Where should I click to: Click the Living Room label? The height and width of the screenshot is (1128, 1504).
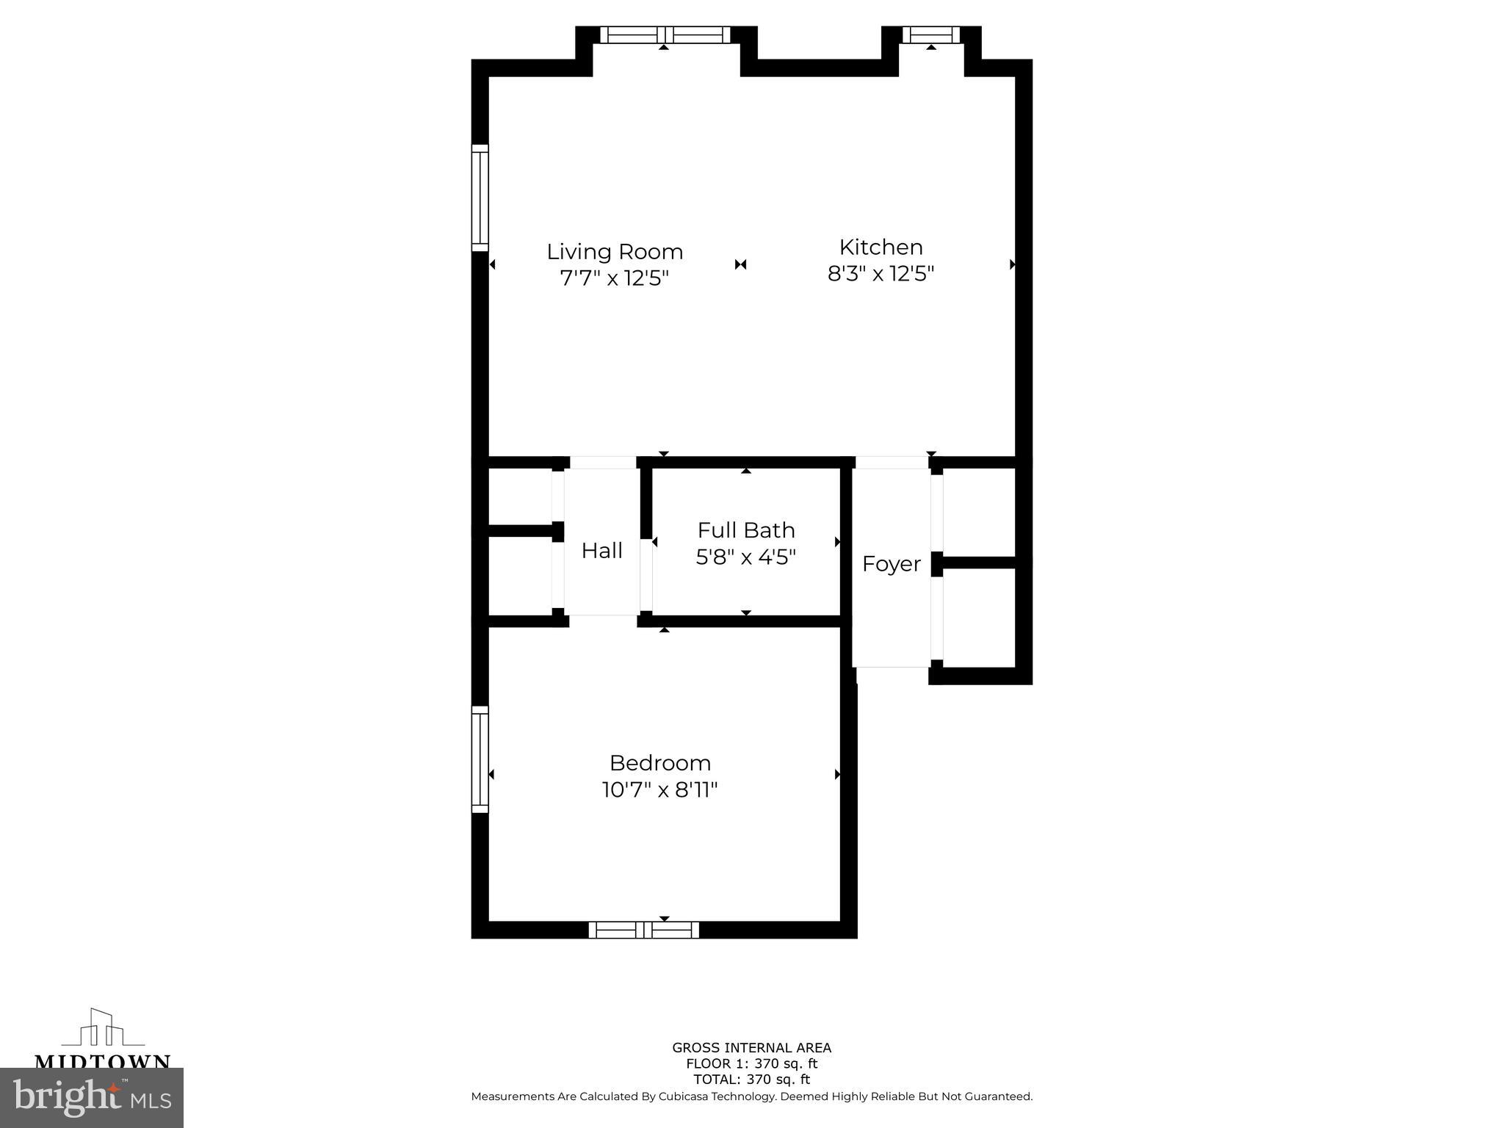point(615,252)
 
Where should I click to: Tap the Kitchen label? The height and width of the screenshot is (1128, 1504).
point(881,247)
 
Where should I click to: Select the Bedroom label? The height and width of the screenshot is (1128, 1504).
point(659,763)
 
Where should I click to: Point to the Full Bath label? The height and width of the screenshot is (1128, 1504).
point(746,530)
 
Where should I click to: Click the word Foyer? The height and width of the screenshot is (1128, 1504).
point(891,564)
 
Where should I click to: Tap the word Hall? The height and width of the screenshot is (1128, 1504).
point(601,551)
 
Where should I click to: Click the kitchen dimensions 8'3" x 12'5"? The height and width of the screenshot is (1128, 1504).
point(881,274)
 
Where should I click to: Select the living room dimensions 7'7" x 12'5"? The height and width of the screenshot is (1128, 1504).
point(615,279)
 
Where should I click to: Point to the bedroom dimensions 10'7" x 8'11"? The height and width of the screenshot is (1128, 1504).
point(659,790)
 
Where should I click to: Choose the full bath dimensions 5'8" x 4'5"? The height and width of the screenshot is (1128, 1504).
point(746,557)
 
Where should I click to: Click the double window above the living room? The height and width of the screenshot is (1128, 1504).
point(665,35)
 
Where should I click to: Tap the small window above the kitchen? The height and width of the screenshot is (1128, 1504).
point(930,35)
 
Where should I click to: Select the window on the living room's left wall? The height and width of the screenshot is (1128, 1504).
point(480,198)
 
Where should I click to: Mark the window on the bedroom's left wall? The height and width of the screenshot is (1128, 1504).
point(480,759)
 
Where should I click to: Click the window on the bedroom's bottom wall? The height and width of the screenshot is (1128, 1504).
point(643,930)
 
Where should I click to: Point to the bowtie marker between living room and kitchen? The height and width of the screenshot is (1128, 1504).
point(740,264)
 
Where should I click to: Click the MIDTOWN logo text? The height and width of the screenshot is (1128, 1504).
point(103,1061)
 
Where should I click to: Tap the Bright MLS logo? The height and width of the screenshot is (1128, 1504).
point(91,1098)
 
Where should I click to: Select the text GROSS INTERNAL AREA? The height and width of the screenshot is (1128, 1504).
point(751,1048)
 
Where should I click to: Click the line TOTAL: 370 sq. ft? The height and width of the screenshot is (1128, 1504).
point(751,1080)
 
